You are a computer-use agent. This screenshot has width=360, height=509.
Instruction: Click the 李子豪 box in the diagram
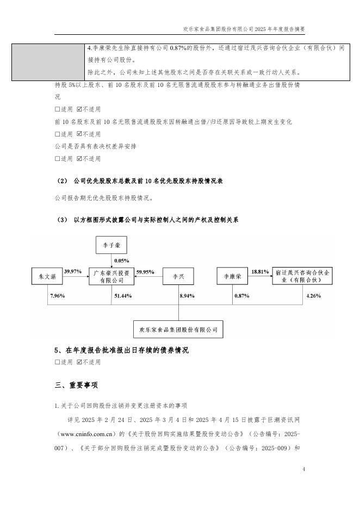(111, 245)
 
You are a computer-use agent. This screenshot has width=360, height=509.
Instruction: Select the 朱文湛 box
(47, 276)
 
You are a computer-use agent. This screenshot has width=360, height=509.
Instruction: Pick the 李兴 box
(178, 276)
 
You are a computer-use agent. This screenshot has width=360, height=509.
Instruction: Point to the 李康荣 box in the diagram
(233, 276)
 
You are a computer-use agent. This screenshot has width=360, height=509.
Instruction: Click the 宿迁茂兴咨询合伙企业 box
(303, 276)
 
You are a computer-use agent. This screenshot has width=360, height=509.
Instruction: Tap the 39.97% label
(73, 271)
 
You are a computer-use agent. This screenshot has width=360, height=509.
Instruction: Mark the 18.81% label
(260, 271)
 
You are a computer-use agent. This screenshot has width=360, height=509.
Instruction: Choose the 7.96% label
(57, 295)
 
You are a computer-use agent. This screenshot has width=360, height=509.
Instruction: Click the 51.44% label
(123, 295)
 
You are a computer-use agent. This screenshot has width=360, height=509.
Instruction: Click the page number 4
(303, 469)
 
